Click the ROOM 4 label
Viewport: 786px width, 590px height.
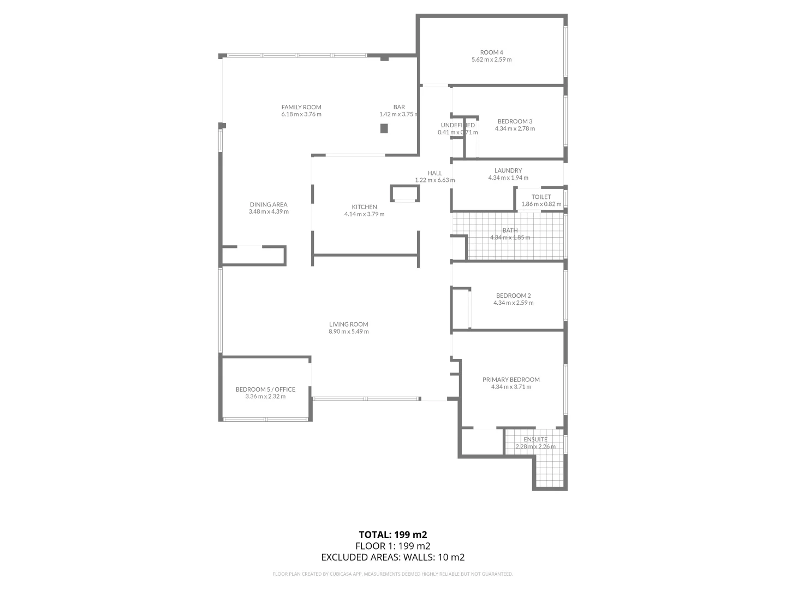click(491, 52)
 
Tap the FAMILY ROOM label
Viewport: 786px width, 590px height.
click(301, 107)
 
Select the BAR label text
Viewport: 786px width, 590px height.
click(399, 107)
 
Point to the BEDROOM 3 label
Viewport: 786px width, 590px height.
click(515, 121)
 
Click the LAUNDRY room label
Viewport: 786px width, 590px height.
click(508, 170)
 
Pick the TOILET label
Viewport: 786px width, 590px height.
click(541, 197)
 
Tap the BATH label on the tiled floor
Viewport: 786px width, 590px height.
click(510, 231)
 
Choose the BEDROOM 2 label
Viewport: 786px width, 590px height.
click(513, 296)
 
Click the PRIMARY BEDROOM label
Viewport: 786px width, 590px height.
click(511, 380)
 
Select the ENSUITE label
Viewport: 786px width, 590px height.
click(535, 439)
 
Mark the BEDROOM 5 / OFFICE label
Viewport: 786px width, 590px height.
click(265, 390)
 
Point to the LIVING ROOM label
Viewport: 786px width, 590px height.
click(348, 324)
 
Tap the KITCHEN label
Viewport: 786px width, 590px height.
click(364, 207)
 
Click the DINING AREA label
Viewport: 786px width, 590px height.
click(269, 205)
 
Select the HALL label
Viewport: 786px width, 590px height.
click(435, 173)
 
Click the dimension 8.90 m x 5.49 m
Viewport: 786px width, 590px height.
click(348, 332)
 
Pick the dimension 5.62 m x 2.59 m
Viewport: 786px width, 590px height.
click(491, 60)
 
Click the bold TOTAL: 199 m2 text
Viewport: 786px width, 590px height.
click(392, 534)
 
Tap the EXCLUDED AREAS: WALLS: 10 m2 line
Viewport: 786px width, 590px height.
click(392, 557)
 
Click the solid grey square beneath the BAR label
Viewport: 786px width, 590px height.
click(384, 128)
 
